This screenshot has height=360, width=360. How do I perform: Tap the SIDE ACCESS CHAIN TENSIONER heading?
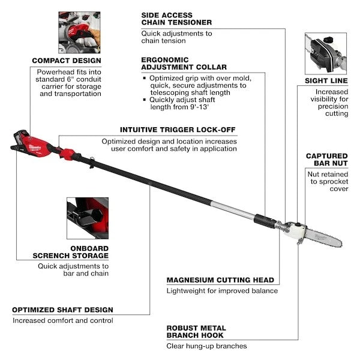coord(176,18)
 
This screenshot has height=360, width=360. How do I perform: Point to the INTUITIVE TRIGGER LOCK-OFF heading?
coord(178,129)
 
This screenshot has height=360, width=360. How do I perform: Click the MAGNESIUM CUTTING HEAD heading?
coord(220,280)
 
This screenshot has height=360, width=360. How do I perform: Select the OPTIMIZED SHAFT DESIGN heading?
coord(62,310)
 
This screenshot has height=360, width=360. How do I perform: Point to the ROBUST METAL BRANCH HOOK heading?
coord(196,332)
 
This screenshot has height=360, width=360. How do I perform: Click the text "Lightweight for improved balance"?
coord(222,291)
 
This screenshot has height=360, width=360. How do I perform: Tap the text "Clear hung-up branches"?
coord(206,346)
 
